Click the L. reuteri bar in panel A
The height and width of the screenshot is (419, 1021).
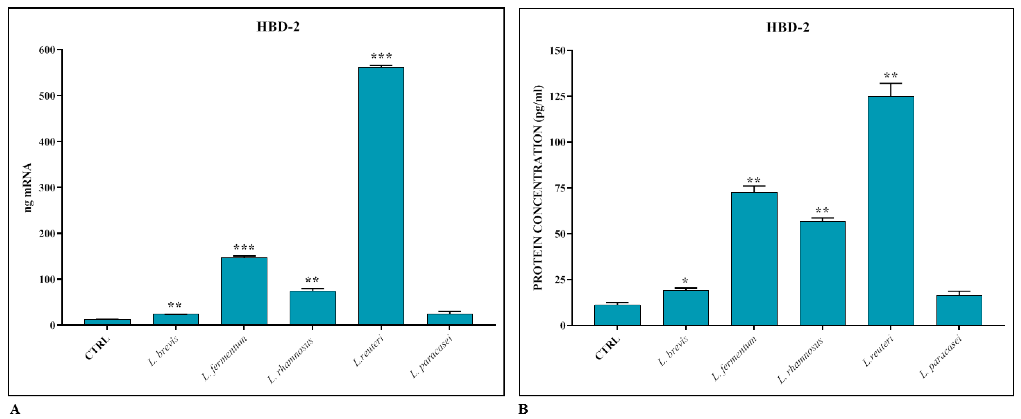(381, 196)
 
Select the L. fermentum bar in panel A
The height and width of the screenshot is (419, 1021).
(244, 291)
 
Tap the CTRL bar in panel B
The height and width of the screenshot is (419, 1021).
(617, 315)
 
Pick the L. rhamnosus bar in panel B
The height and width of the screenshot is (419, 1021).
(822, 273)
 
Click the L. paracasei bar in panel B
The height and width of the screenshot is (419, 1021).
(959, 310)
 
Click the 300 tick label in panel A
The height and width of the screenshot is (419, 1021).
(47, 187)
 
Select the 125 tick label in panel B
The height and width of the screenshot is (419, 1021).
(558, 96)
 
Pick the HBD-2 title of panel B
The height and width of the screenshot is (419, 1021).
(788, 27)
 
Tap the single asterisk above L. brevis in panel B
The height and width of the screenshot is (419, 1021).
(685, 282)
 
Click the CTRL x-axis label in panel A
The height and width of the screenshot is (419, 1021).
(97, 348)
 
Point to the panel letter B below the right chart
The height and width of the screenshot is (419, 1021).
(523, 409)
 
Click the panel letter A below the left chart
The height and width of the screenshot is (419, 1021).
(15, 409)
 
